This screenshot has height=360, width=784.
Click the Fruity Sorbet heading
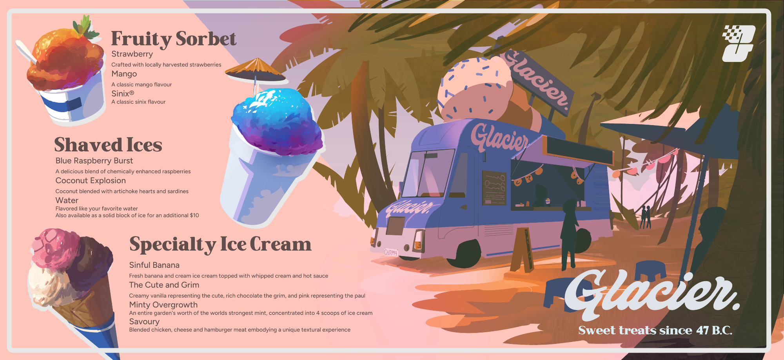[174, 39]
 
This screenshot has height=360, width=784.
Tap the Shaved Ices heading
[108, 145]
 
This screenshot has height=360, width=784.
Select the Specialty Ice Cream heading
[220, 244]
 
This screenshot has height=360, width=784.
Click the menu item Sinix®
[123, 93]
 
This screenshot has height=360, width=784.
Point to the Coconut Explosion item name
[91, 180]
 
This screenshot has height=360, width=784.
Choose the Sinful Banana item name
[154, 265]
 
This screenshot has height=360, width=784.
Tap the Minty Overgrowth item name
[163, 305]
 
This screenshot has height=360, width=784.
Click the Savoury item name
[144, 322]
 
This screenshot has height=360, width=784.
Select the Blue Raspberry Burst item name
[94, 161]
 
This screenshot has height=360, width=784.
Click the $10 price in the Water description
[194, 215]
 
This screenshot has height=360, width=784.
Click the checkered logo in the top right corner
[739, 44]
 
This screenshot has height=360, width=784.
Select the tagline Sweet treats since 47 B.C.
[655, 330]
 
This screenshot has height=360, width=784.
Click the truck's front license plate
[390, 252]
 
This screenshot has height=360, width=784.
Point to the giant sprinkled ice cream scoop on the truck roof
[475, 88]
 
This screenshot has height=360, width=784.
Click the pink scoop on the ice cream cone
[55, 247]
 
